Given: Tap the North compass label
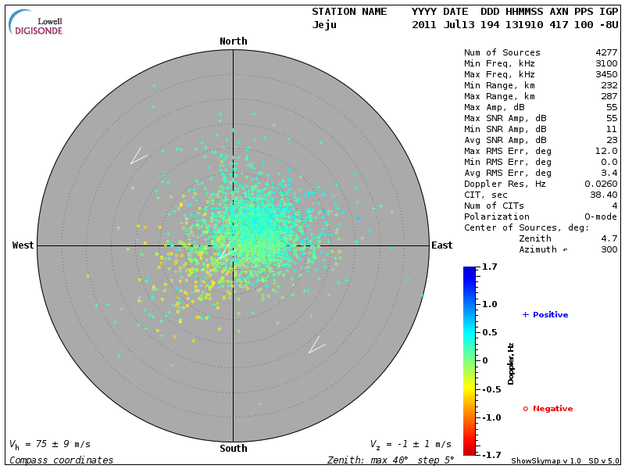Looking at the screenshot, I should pyautogui.click(x=233, y=41).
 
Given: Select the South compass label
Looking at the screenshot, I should pyautogui.click(x=233, y=449).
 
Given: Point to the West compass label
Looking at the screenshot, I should pyautogui.click(x=23, y=245).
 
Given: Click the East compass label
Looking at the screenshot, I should pyautogui.click(x=441, y=245).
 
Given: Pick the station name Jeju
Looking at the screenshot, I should pyautogui.click(x=324, y=24).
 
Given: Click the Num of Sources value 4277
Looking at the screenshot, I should pyautogui.click(x=606, y=52).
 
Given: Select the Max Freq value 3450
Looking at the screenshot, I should pyautogui.click(x=606, y=74).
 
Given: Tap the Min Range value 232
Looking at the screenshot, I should pyautogui.click(x=609, y=85).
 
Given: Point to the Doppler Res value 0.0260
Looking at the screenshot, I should pyautogui.click(x=601, y=184).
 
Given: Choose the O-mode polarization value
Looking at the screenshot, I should pyautogui.click(x=601, y=217).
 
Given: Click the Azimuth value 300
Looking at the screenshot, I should pyautogui.click(x=609, y=249).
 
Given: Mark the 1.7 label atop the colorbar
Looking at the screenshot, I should pyautogui.click(x=491, y=267).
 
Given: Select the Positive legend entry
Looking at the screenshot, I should pyautogui.click(x=545, y=315).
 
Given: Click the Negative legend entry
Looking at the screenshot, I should pyautogui.click(x=548, y=409).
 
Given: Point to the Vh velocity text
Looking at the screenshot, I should pyautogui.click(x=50, y=444).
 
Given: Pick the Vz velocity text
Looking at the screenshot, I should pyautogui.click(x=410, y=444).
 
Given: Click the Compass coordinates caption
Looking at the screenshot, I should pyautogui.click(x=61, y=460).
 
